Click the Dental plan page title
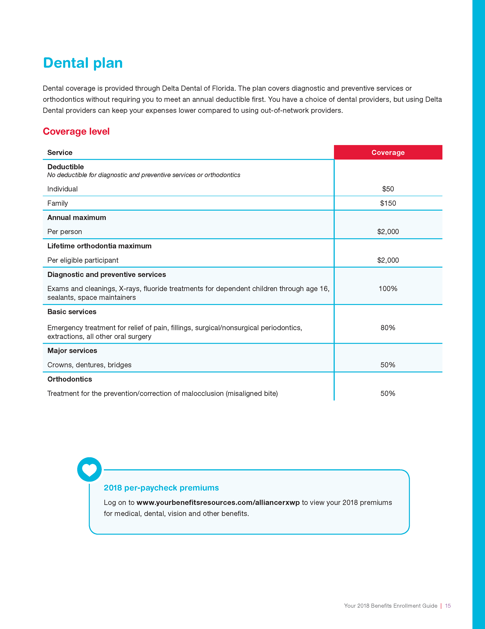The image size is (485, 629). [x=83, y=63]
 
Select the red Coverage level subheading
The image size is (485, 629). [x=76, y=131]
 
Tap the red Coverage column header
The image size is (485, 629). [x=388, y=152]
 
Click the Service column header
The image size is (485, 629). [x=60, y=153]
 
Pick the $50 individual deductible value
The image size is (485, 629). [x=388, y=189]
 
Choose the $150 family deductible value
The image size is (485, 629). [x=388, y=203]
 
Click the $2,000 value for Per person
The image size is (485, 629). [x=388, y=232]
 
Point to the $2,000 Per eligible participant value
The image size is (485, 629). [x=388, y=260]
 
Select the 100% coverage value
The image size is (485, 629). [x=388, y=289]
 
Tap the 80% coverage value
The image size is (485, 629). [x=388, y=328]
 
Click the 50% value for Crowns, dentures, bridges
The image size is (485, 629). [x=388, y=365]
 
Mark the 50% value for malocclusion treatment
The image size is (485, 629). [x=388, y=393]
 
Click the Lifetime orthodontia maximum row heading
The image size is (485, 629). [x=99, y=246]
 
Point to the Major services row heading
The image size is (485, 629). [x=72, y=351]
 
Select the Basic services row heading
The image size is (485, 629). [x=72, y=312]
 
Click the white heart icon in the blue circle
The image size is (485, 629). [x=89, y=470]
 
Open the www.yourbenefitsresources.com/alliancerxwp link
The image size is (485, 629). [x=218, y=502]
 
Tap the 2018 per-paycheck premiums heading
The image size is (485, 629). [x=161, y=488]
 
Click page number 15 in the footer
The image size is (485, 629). [x=448, y=606]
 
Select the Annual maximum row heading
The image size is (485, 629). [x=77, y=217]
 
